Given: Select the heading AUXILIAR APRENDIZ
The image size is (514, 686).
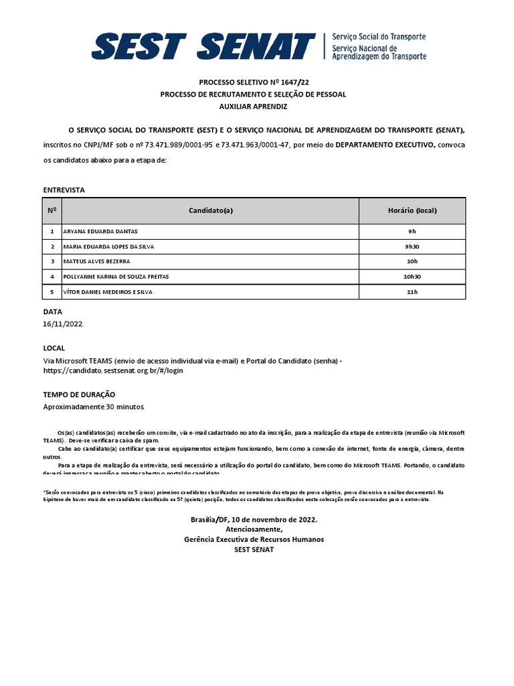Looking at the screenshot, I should pos(253,107).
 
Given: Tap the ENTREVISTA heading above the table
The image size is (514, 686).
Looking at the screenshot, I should pos(64,190).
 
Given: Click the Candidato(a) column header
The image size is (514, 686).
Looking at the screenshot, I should pos(211,210).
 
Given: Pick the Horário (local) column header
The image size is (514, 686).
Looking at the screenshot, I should pos(412,210).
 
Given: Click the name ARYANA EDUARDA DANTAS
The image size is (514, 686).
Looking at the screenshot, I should pos(100,231).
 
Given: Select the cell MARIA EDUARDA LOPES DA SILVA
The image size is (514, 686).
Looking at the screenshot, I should pos(108,247).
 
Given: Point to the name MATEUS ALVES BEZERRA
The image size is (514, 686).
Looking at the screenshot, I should pos(96,261).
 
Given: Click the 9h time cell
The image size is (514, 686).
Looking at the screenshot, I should pos(412,231).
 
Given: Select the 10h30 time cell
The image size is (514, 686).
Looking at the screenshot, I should pos(412,276).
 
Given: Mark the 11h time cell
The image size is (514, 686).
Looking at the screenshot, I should pos(412,291).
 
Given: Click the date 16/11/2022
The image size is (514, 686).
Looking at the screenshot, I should pos(64,324).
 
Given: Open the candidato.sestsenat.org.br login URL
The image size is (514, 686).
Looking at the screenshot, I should pos(113,370).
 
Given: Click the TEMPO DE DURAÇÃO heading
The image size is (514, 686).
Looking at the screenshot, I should pos(79,395).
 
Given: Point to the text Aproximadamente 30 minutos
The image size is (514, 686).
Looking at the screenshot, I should pos(94,407).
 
